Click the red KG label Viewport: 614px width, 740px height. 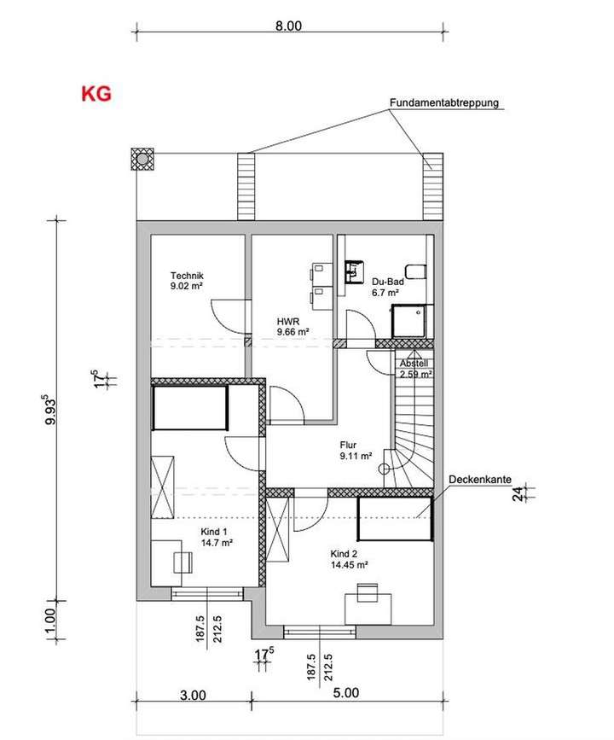pyautogui.click(x=96, y=94)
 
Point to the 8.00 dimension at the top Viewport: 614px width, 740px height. pyautogui.click(x=288, y=26)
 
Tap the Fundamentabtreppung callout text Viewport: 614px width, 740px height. pyautogui.click(x=443, y=103)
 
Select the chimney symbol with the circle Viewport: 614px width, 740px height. pyautogui.click(x=142, y=159)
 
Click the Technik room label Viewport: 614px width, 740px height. pyautogui.click(x=186, y=282)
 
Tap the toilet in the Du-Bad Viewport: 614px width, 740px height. pyautogui.click(x=414, y=271)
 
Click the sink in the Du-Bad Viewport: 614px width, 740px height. pyautogui.click(x=354, y=271)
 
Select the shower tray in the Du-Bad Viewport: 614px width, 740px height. pyautogui.click(x=408, y=321)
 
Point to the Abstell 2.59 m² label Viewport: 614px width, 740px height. pyautogui.click(x=415, y=368)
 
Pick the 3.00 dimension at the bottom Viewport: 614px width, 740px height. pyautogui.click(x=194, y=695)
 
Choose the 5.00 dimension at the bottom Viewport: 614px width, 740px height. pyautogui.click(x=350, y=693)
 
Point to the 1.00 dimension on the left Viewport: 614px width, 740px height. pyautogui.click(x=49, y=616)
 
